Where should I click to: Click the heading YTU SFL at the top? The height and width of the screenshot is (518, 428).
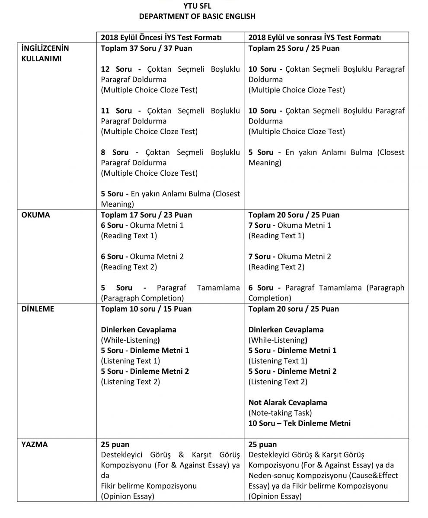pyautogui.click(x=197, y=6)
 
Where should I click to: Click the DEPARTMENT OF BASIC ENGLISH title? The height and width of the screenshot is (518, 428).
pyautogui.click(x=197, y=16)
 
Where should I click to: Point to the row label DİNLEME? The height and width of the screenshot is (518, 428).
pyautogui.click(x=38, y=309)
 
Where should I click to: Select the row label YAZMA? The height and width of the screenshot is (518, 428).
pyautogui.click(x=34, y=445)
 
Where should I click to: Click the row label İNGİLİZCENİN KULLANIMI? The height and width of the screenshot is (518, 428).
pyautogui.click(x=45, y=53)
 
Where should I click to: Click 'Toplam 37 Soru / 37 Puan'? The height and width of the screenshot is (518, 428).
pyautogui.click(x=147, y=48)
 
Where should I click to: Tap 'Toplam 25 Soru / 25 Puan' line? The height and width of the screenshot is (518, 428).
pyautogui.click(x=294, y=48)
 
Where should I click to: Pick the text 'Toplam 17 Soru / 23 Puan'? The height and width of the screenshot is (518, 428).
pyautogui.click(x=147, y=215)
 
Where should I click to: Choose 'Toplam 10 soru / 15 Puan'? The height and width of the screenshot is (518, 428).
pyautogui.click(x=146, y=309)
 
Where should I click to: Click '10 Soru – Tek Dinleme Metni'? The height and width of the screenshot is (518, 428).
pyautogui.click(x=299, y=423)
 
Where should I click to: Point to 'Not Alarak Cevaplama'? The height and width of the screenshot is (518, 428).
pyautogui.click(x=287, y=402)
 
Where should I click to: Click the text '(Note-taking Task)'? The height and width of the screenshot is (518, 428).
pyautogui.click(x=280, y=413)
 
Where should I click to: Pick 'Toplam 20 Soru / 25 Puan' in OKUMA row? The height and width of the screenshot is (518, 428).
pyautogui.click(x=294, y=215)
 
